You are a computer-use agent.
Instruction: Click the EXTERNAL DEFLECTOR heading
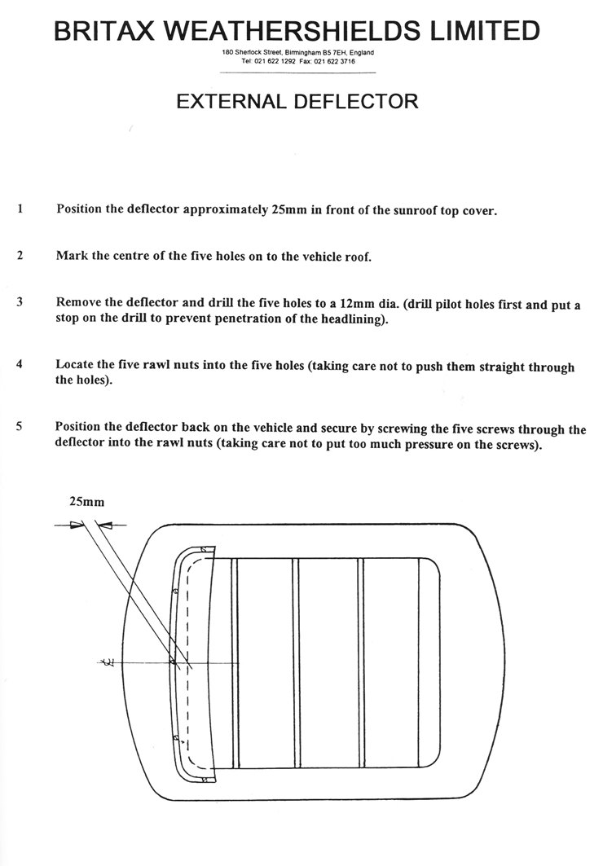[297, 102]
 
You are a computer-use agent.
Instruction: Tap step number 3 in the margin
[19, 302]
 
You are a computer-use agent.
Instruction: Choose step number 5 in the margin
[19, 426]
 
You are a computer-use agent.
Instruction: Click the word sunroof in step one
[397, 209]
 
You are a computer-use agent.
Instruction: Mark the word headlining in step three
[337, 319]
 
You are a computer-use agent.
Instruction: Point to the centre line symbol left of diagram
[106, 665]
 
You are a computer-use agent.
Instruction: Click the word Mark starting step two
[72, 256]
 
